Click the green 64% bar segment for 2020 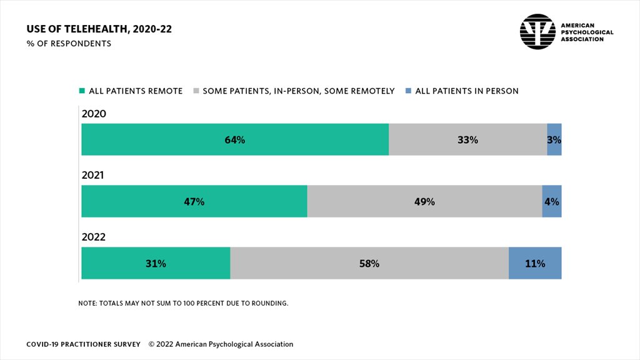[x=235, y=139]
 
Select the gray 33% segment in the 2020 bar [x=467, y=139]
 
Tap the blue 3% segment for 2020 [x=554, y=139]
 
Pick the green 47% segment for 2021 [x=194, y=201]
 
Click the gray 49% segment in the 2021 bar [x=424, y=201]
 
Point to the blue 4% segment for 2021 [x=551, y=201]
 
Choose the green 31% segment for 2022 [x=156, y=263]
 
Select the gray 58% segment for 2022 [x=369, y=263]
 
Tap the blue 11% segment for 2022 [x=535, y=263]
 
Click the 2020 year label [x=94, y=114]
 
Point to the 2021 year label [x=93, y=176]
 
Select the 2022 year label [x=94, y=237]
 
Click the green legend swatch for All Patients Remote [x=81, y=91]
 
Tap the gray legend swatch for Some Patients [x=196, y=91]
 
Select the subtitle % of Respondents [x=69, y=44]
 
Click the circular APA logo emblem [x=537, y=32]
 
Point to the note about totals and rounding [x=183, y=303]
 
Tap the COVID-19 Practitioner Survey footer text [x=83, y=344]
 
